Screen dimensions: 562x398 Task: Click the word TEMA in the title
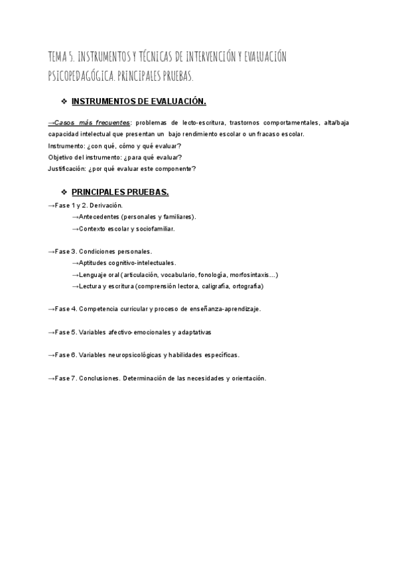click(58, 57)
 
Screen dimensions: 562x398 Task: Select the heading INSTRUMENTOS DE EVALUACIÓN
click(139, 101)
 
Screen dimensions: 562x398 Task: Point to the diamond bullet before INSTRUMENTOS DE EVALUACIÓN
click(64, 101)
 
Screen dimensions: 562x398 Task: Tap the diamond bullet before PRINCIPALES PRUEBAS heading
click(64, 192)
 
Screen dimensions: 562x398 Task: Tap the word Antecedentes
click(99, 217)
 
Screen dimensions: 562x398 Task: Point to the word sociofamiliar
click(154, 229)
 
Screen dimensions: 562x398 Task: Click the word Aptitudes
click(93, 263)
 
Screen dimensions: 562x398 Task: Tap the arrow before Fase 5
click(51, 332)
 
